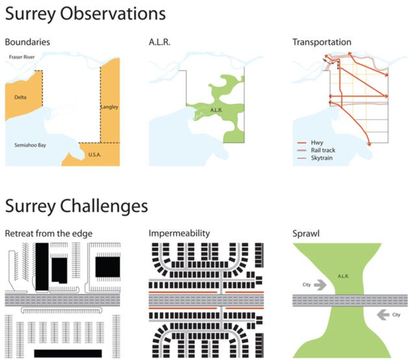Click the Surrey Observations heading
tap(85, 14)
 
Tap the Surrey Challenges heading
tap(77, 207)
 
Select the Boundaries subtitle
tap(27, 42)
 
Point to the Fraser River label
tap(22, 57)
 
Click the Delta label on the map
tap(20, 97)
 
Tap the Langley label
tap(109, 107)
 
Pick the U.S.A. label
tap(94, 154)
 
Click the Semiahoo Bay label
tap(31, 145)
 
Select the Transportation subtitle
tap(321, 42)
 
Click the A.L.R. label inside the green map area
tap(216, 110)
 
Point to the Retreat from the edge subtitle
tap(49, 234)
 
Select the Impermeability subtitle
tap(179, 233)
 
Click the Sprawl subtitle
tap(306, 234)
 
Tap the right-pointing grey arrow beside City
tap(320, 285)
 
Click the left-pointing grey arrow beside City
tap(383, 315)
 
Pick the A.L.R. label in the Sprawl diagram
tap(343, 276)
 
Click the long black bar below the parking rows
tap(68, 354)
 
